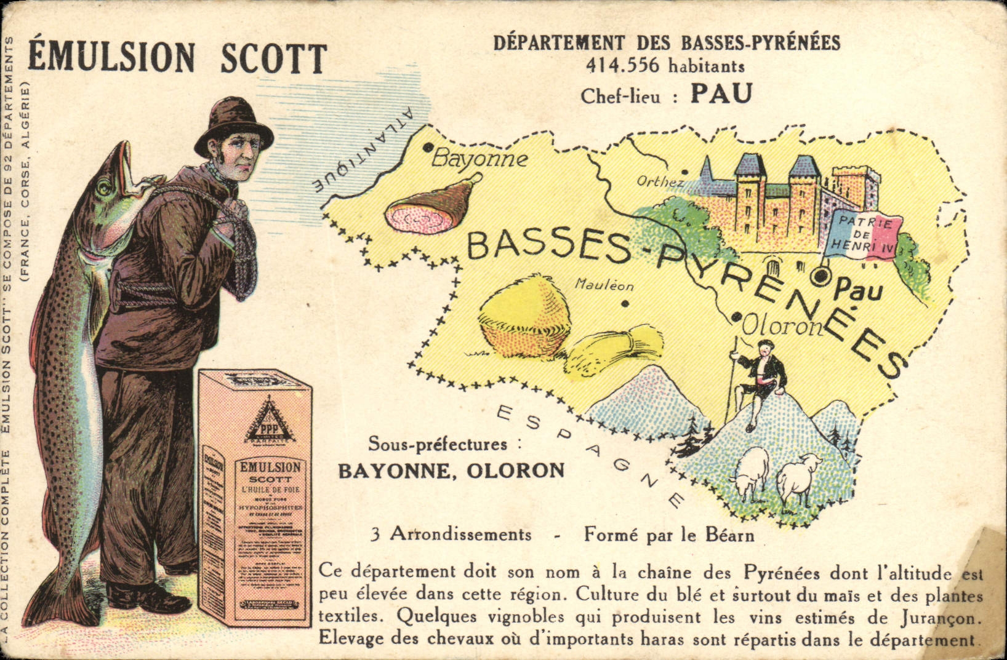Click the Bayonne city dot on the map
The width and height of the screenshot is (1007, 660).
(427, 147)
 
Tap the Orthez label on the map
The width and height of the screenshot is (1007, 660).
(660, 181)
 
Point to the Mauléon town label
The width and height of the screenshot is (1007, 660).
(604, 285)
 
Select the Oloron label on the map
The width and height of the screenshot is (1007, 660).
(782, 326)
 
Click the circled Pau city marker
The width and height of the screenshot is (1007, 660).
(820, 277)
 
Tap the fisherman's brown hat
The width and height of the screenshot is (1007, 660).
(233, 127)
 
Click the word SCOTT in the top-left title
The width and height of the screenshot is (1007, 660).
(273, 59)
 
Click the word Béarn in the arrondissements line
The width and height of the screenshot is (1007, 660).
(731, 535)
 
